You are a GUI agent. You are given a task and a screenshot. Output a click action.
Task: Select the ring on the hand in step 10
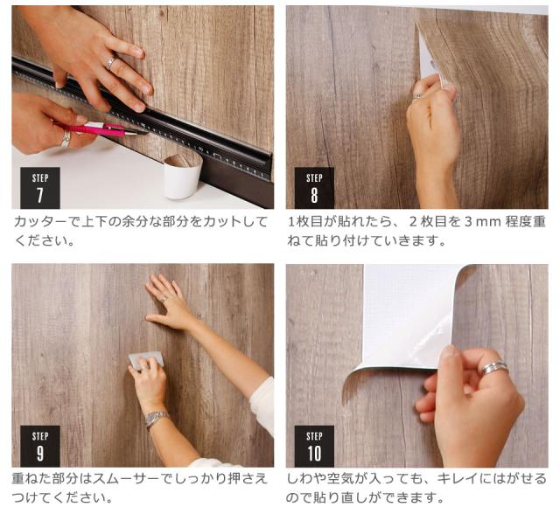click(494, 369)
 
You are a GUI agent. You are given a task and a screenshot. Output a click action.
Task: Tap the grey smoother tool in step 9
click(146, 358)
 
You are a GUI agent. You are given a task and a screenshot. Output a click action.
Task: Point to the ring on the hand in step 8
click(417, 96)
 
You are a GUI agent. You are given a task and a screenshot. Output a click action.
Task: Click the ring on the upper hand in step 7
click(110, 62)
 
